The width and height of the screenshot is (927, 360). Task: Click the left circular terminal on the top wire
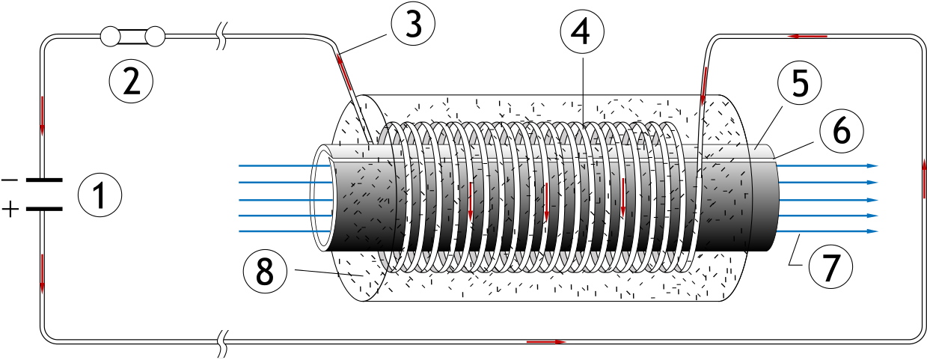(110, 37)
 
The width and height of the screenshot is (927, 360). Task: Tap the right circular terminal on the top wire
(155, 37)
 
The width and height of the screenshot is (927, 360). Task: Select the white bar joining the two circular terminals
(132, 37)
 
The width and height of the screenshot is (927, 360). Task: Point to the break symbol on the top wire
(221, 37)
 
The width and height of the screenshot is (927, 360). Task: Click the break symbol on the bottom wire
(221, 344)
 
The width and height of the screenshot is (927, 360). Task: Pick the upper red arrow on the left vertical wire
(42, 115)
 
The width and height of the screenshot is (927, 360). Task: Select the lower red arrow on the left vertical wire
(42, 273)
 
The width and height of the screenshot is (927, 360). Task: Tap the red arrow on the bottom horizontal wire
(546, 342)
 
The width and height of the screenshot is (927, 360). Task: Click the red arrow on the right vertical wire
(924, 178)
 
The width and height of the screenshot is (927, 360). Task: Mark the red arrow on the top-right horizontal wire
(807, 36)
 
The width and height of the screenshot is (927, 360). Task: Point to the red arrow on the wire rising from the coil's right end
(704, 86)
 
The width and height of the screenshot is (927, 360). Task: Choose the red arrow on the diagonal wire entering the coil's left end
(344, 72)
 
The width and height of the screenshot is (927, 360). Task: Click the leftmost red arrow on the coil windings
(470, 201)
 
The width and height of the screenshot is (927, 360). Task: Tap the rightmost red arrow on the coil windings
(622, 197)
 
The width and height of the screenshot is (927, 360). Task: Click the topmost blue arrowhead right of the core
(872, 166)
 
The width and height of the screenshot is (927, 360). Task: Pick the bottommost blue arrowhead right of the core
(872, 231)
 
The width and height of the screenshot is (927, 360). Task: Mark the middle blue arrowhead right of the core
(872, 200)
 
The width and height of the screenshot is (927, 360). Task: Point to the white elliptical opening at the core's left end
(323, 198)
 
